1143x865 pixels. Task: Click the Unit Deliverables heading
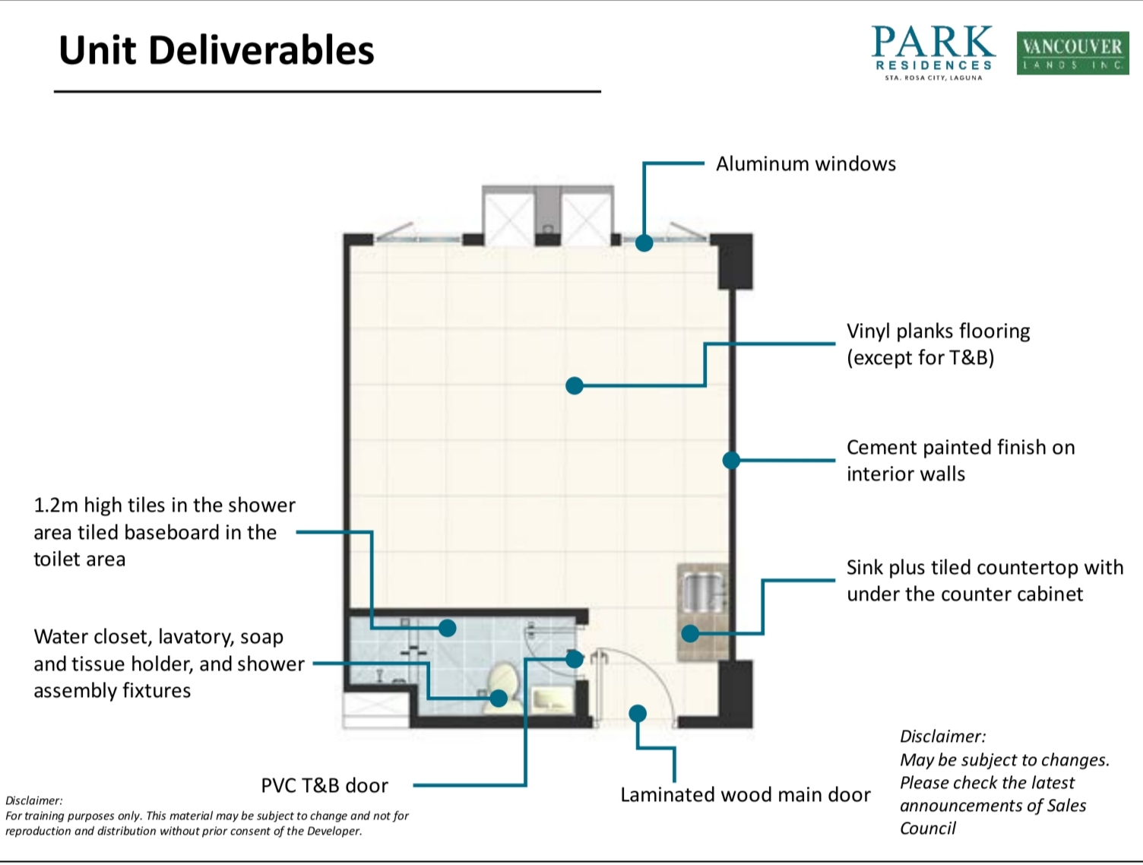tap(216, 50)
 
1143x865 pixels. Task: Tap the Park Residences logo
tap(933, 52)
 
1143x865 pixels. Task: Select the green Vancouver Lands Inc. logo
tap(1072, 53)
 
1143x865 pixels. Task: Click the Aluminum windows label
tap(806, 164)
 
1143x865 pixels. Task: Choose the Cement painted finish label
tap(961, 461)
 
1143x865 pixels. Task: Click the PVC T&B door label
tap(325, 785)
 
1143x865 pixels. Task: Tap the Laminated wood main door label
tap(746, 795)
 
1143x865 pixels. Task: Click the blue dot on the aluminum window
tap(644, 242)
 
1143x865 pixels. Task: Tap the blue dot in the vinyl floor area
tap(575, 386)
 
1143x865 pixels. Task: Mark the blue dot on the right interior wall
tap(731, 460)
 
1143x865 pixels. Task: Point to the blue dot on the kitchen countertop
tap(690, 633)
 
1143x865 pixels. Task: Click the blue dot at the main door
tap(638, 714)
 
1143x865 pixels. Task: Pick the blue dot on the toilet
tap(499, 699)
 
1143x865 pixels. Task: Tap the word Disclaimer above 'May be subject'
tap(943, 737)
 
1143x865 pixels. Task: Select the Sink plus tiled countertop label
tap(985, 581)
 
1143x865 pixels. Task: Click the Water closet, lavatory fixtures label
tap(169, 664)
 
